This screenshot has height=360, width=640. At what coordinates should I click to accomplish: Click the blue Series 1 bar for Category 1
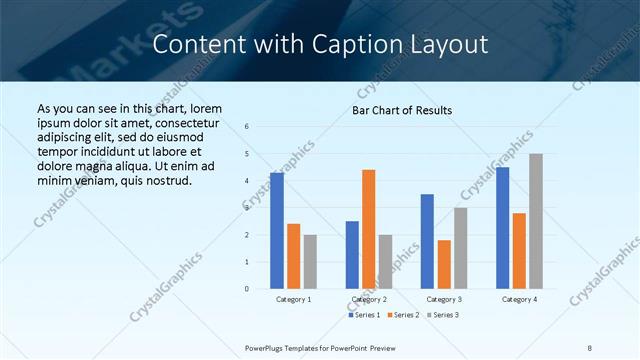coord(277,231)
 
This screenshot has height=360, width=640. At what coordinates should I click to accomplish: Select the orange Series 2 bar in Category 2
coord(369,229)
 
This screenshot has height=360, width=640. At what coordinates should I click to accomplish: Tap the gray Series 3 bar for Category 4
coord(536,221)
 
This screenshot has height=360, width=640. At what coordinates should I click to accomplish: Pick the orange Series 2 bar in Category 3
coord(444,264)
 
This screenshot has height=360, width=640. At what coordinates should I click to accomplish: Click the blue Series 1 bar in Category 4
coord(502,228)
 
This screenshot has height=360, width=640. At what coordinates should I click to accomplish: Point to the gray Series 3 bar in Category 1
coord(310,262)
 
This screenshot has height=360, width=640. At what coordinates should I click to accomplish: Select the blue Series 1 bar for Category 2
coord(352,255)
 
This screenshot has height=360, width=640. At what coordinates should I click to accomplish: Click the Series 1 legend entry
coord(364,315)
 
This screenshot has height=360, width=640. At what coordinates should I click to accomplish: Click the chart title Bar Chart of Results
coord(402,110)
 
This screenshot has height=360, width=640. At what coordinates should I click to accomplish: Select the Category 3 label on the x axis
coord(444,299)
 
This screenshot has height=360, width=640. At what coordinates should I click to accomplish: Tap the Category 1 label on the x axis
coord(294,299)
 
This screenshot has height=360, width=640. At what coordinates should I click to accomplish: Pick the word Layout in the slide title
coord(454,45)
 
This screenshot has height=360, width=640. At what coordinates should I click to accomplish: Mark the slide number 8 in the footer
coord(590,347)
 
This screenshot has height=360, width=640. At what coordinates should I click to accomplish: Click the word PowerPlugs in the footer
coord(268,347)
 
